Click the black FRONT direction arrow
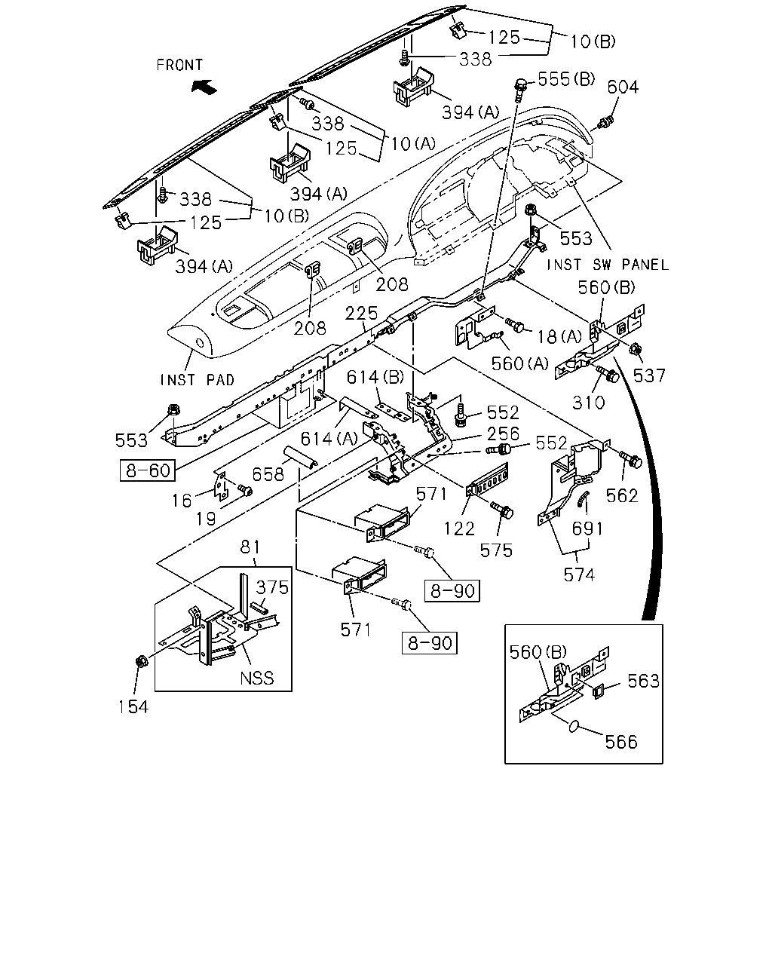pos(204,86)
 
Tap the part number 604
pos(623,87)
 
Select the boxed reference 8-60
pos(148,470)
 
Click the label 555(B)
pos(566,79)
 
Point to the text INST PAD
pos(198,380)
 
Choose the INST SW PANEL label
pos(608,265)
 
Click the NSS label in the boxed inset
pos(256,678)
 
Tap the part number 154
pos(133,707)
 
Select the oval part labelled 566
pos(574,726)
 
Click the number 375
pos(272,587)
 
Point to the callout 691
pos(587,529)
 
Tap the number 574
pos(579,575)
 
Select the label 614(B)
pos(375,377)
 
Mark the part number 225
pos(361,313)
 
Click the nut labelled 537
pos(636,348)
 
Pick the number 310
pos(589,403)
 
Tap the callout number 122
pos(459,529)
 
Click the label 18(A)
pos(559,336)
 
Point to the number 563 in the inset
pos(643,681)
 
